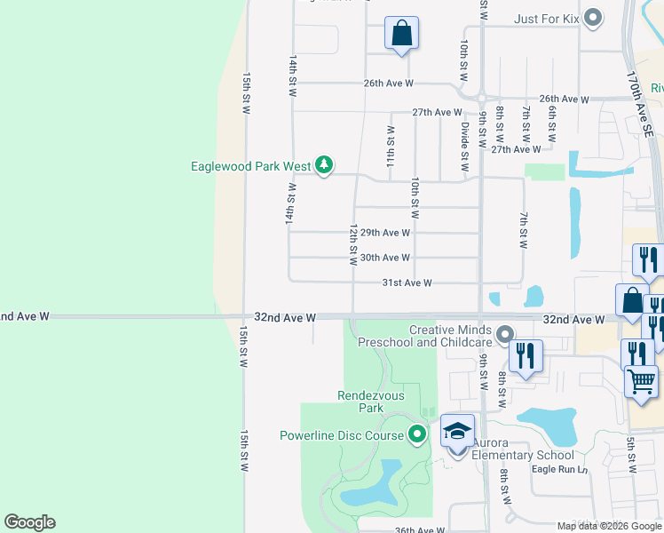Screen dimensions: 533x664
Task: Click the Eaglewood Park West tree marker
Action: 325,164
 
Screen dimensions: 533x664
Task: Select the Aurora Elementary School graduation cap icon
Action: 457,432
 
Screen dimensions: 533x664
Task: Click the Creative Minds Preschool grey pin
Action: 505,335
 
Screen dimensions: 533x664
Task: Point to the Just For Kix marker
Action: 594,18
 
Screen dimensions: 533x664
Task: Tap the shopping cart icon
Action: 642,382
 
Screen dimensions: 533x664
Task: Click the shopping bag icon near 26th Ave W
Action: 401,33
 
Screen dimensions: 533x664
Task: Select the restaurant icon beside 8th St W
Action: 525,356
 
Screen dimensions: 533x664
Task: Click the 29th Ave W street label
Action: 384,233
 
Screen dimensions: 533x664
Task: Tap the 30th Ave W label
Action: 384,258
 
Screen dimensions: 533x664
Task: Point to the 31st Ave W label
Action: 407,282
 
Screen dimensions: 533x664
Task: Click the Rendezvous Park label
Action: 360,402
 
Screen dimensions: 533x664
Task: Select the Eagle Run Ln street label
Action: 560,469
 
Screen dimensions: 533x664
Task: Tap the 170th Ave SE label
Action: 639,103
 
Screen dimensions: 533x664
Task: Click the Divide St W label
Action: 463,147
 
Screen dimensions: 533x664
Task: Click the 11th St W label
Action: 390,147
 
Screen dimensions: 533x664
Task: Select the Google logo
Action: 29,522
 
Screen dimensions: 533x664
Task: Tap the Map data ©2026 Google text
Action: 608,526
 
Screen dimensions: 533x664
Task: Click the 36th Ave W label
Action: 419,529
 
